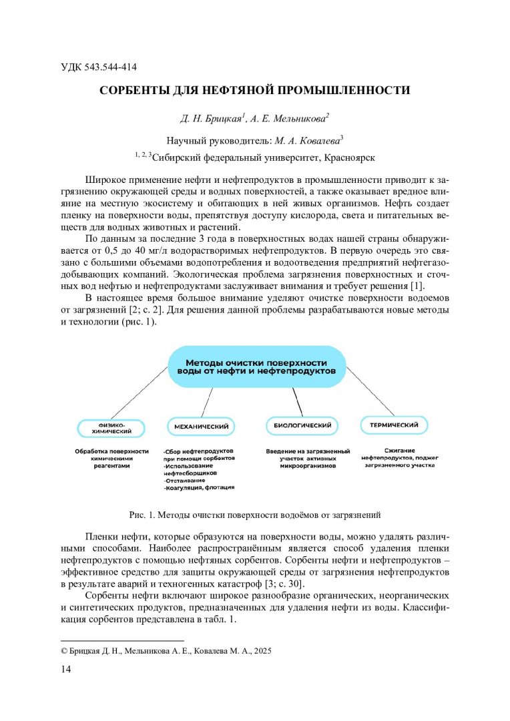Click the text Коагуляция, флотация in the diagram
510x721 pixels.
(200, 488)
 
